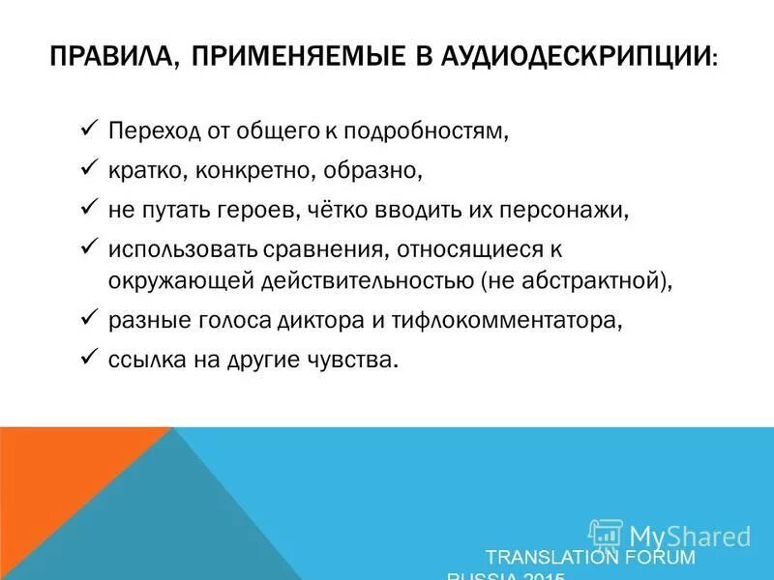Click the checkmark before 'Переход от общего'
[87, 128]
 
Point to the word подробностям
[432, 130]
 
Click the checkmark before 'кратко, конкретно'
[87, 167]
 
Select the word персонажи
[556, 210]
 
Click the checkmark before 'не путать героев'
[87, 207]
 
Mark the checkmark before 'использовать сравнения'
[87, 246]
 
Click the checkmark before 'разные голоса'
[87, 317]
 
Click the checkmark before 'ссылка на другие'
[87, 357]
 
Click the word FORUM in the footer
[659, 558]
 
